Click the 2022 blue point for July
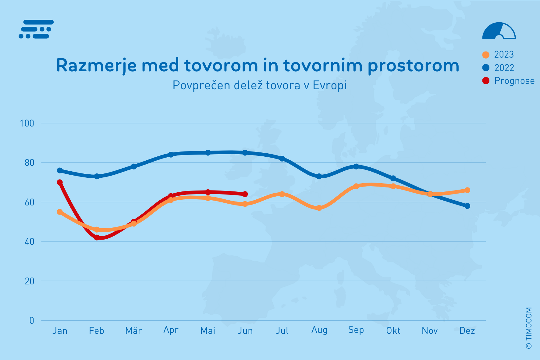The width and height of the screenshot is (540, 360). coord(282,159)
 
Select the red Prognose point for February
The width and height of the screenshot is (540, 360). coord(97,237)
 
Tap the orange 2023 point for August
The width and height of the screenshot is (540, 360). coord(319,208)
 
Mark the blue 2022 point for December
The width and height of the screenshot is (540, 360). coord(467,206)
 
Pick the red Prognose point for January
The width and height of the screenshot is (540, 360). coord(60,182)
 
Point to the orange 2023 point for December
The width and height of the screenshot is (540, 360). coord(467,190)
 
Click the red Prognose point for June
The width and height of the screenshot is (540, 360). coord(245,194)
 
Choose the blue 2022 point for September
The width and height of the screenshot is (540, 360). coord(356,166)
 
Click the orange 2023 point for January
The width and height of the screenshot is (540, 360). coord(60,212)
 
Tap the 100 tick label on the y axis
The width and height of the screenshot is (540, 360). coord(27,123)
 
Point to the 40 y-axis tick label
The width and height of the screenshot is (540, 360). coord(29,242)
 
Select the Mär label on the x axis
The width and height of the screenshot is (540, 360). coord(133,331)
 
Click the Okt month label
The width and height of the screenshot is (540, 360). coord(393,331)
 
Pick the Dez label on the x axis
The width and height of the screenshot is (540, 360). coord(467,331)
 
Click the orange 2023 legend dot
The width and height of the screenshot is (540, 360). coord(486,55)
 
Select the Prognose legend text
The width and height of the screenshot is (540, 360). coord(514,81)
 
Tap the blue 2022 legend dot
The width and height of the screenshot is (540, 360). coord(486,68)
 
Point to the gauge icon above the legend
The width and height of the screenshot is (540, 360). coord(499,31)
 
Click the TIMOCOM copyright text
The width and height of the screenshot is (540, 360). coord(529,328)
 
